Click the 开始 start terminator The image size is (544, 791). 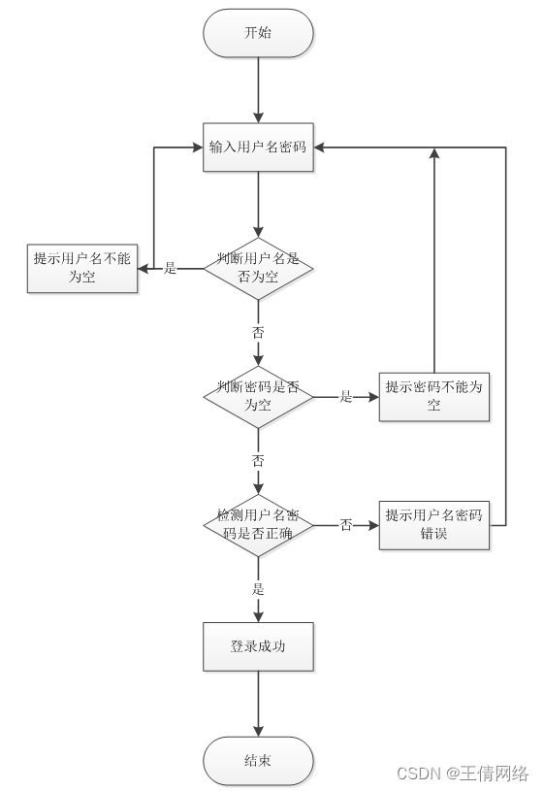click(258, 33)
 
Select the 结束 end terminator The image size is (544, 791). click(258, 760)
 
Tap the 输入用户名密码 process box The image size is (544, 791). click(258, 148)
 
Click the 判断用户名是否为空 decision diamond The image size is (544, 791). click(258, 268)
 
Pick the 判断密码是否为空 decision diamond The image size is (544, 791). click(258, 396)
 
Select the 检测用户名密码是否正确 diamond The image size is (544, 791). click(258, 524)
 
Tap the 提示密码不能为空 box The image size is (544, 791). click(433, 396)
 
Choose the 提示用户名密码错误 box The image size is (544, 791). click(433, 524)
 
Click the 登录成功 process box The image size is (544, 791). click(258, 646)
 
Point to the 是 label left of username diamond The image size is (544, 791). click(171, 269)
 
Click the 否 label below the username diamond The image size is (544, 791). click(258, 332)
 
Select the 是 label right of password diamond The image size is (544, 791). click(345, 397)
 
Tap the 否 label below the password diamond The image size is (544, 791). click(258, 460)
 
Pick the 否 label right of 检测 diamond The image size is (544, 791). click(345, 525)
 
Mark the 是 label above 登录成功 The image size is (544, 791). click(258, 589)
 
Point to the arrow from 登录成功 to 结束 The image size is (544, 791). click(258, 704)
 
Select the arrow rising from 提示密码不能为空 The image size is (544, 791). click(433, 262)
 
